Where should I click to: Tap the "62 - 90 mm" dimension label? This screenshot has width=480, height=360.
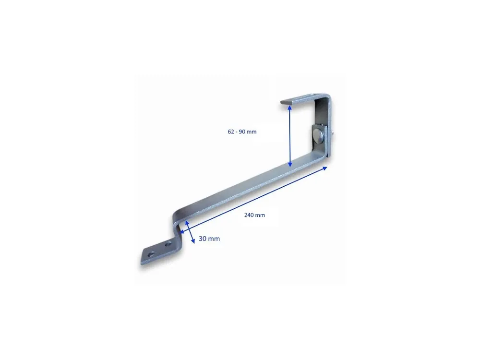242,132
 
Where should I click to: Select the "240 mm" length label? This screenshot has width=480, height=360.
255,215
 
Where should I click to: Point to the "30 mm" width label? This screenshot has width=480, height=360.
209,239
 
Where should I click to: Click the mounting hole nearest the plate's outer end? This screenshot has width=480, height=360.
151,254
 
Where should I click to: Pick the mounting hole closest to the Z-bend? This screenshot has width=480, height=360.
168,245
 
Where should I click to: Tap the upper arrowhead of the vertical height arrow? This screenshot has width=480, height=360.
289,107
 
